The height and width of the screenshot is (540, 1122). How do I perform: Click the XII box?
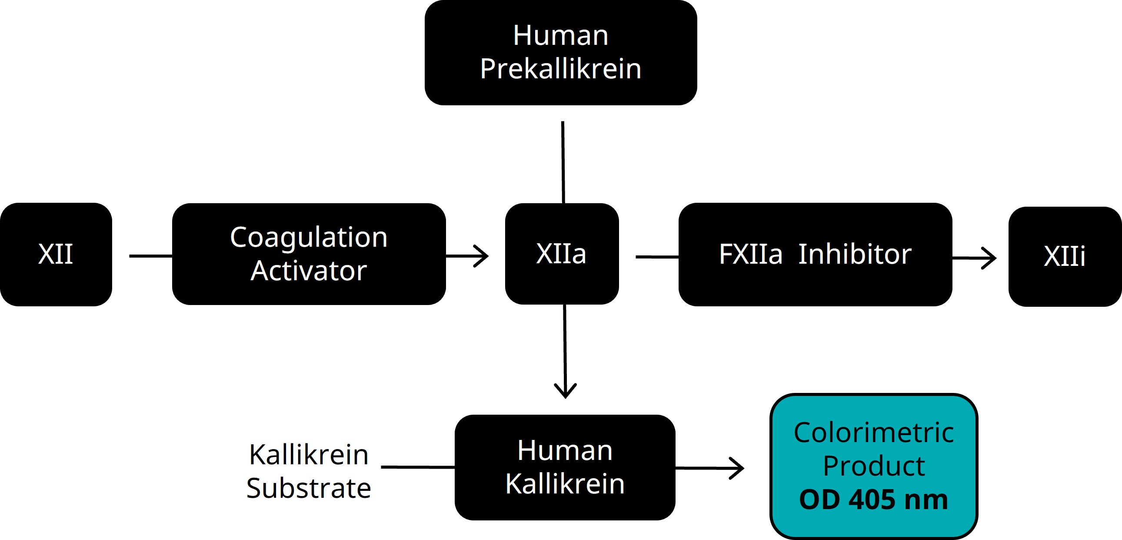point(56,254)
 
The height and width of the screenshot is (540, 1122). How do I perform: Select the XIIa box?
point(562,254)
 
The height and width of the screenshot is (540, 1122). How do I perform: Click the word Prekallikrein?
point(560,69)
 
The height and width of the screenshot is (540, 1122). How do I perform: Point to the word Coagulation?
point(308,238)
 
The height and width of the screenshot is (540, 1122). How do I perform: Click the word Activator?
point(308,271)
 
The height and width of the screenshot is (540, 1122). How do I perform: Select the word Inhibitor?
point(855,254)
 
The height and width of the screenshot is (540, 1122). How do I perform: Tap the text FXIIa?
point(750,254)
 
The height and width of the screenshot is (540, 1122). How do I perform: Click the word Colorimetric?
point(874,433)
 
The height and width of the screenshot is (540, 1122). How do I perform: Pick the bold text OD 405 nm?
point(874,500)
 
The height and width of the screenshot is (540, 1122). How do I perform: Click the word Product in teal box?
point(874,466)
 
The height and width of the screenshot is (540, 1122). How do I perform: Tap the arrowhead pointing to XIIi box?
point(989,258)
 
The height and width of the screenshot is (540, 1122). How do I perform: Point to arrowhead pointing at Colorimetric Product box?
point(738,469)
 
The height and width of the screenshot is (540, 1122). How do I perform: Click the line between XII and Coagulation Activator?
point(150,256)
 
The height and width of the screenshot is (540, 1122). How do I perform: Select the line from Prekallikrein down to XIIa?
point(563,161)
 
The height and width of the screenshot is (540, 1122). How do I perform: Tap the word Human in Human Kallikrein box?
point(565,450)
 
